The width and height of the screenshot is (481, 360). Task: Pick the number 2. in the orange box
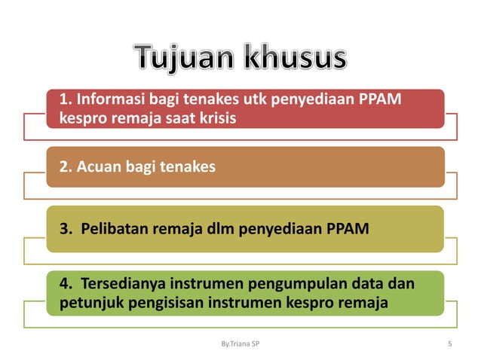pyautogui.click(x=65, y=166)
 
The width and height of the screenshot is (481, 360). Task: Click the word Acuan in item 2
pyautogui.click(x=96, y=166)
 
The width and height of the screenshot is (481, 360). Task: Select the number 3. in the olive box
pyautogui.click(x=65, y=228)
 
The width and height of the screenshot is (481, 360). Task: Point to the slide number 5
pyautogui.click(x=449, y=344)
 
